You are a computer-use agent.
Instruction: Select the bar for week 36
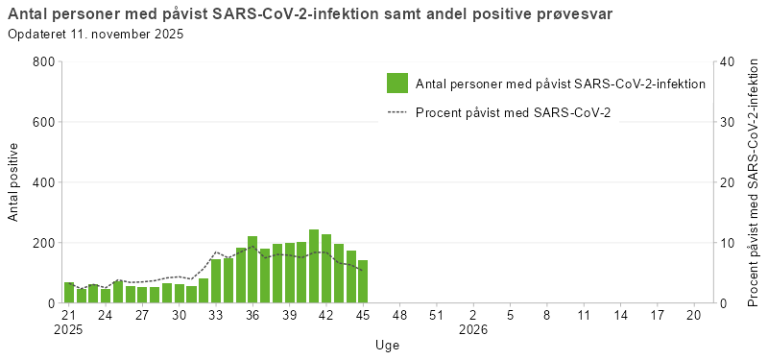coord(252,270)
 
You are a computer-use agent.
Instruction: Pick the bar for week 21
coord(69,293)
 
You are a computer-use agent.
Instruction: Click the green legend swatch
coord(397,84)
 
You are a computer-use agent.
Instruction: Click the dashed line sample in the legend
coord(397,113)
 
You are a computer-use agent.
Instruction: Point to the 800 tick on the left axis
coord(44,61)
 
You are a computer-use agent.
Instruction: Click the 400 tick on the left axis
coord(44,182)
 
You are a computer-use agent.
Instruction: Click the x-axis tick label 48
coord(399,314)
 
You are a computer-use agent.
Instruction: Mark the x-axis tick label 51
coord(436,314)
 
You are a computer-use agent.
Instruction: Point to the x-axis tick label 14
coord(620,314)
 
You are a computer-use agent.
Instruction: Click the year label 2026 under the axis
coord(473,329)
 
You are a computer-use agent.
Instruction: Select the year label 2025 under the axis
coord(69,329)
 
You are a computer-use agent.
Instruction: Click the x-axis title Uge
coord(388,345)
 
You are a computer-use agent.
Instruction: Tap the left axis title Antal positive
coord(13,182)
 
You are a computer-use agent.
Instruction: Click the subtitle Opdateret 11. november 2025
coord(95,35)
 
